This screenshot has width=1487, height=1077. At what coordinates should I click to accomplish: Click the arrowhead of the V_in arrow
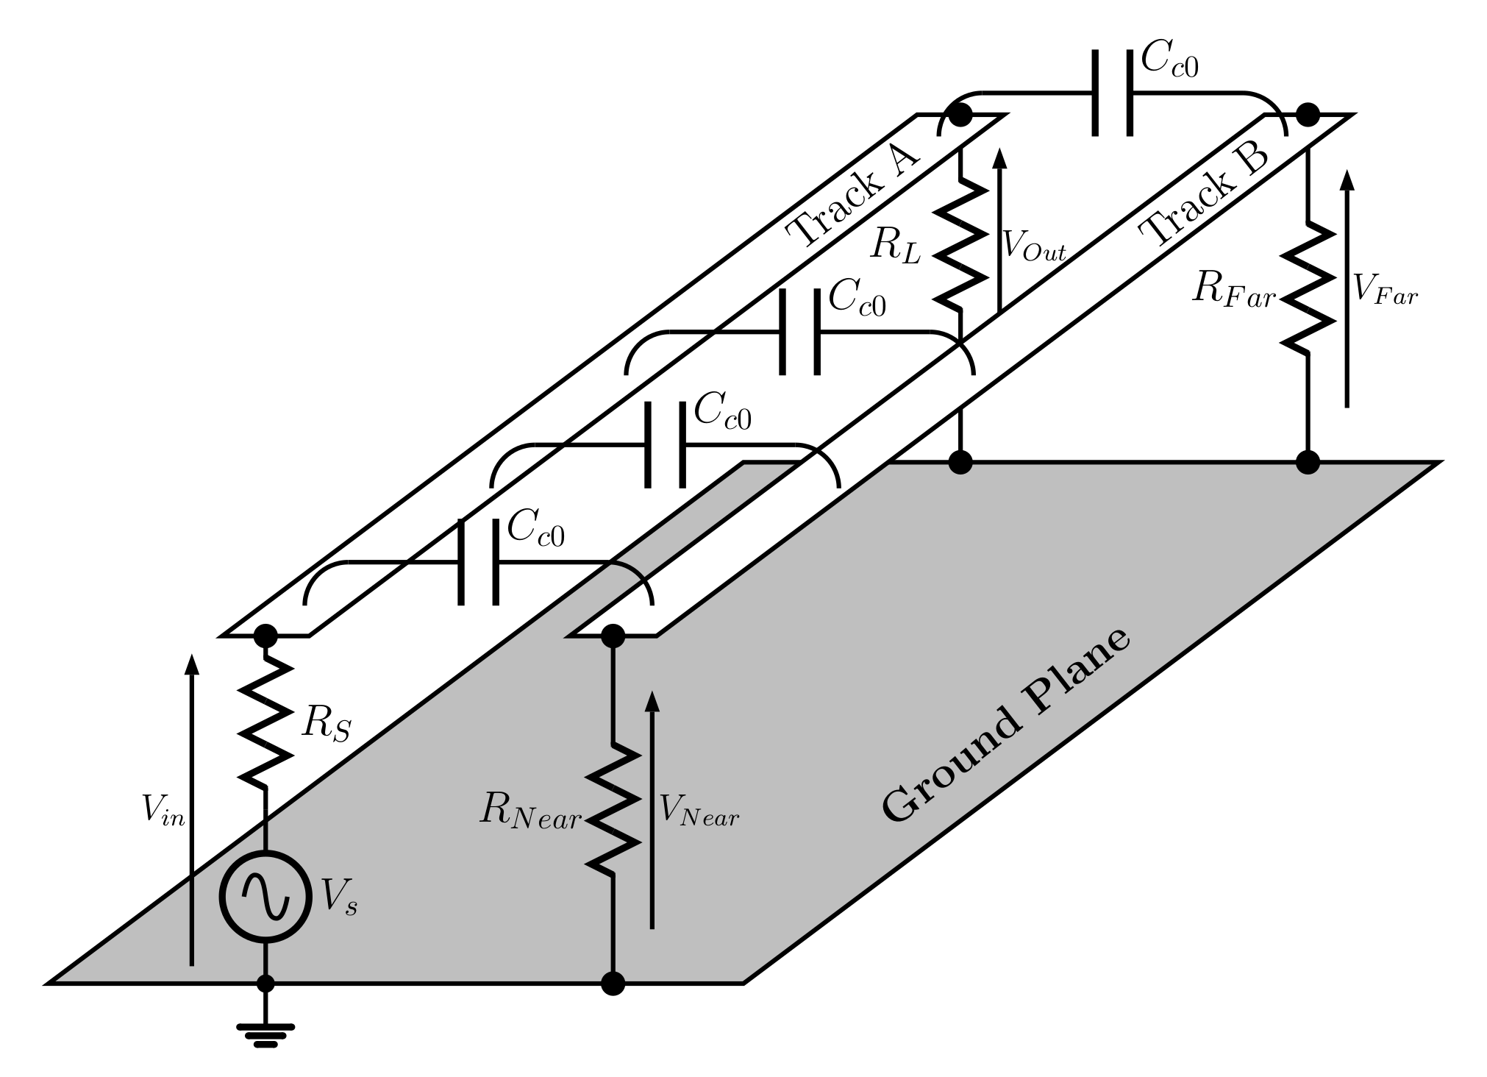(192, 663)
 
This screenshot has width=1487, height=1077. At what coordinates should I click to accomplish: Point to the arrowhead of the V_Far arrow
(1347, 180)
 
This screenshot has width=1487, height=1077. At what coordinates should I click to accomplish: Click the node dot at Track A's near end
(265, 635)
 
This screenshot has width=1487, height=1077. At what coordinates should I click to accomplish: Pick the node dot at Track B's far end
(1308, 115)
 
